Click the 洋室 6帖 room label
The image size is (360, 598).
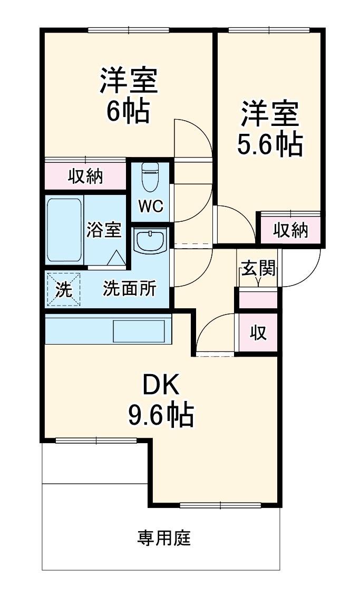(129, 95)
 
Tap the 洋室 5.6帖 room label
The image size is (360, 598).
(270, 129)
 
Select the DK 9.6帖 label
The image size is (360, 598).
(161, 400)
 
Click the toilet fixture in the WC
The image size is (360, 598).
(150, 177)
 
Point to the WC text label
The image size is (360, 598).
(150, 205)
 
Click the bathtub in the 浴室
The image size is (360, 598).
(64, 230)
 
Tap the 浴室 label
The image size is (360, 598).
(104, 230)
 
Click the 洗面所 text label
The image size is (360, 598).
(129, 288)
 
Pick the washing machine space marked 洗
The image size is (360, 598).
(64, 289)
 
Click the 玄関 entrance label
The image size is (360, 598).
(258, 270)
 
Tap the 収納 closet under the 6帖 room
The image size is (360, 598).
(85, 177)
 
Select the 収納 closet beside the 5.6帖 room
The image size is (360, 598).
(290, 230)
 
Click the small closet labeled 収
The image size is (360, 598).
(258, 333)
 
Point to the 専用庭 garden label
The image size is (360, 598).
(164, 538)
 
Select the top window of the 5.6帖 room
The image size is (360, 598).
(269, 30)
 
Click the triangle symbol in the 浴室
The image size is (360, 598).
(116, 258)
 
